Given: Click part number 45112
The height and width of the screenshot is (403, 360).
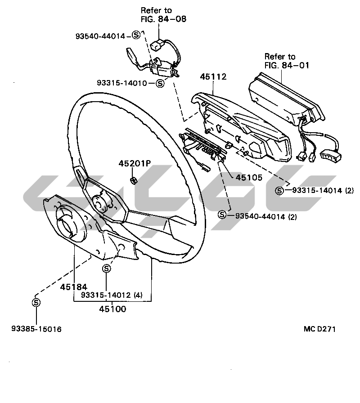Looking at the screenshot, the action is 213,76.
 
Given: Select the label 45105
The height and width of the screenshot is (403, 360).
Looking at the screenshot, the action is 249,178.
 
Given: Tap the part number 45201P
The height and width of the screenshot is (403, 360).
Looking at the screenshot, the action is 135,163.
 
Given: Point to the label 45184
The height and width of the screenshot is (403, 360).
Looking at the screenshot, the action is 73,287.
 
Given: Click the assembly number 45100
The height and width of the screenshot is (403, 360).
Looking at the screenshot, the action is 112,309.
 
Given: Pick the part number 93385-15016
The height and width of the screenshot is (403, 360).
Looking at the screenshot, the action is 36,329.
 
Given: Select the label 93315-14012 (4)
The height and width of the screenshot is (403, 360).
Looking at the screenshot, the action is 112,295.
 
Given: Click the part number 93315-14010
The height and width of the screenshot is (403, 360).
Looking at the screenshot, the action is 122,83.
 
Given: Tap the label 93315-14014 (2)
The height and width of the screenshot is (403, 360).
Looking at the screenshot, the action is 323,190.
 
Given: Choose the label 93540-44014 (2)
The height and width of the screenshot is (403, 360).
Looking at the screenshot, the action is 266,217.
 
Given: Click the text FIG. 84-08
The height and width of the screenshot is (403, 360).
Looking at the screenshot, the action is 163,19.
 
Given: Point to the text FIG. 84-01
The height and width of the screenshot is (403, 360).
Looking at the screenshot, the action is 287,65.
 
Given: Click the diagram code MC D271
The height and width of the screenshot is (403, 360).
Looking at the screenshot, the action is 319,329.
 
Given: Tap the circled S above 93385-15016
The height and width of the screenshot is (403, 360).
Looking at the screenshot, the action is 36,302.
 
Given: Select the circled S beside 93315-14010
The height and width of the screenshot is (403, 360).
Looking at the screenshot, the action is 160,83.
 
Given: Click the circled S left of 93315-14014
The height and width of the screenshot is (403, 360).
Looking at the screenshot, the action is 279,191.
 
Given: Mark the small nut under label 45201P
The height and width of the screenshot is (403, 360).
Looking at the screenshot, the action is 133,180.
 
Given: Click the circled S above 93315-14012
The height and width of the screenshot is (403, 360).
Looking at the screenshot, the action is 107,269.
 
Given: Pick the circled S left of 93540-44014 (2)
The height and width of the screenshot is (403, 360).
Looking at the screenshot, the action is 222,215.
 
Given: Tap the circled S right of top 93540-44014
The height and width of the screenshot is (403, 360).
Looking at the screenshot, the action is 136,35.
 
